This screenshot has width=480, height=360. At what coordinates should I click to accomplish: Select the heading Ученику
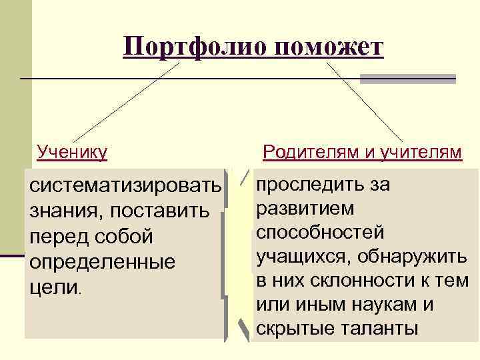[73, 153]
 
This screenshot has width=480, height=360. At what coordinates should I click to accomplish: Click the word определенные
[103, 262]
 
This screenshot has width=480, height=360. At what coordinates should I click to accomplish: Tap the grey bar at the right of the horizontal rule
[407, 79]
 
